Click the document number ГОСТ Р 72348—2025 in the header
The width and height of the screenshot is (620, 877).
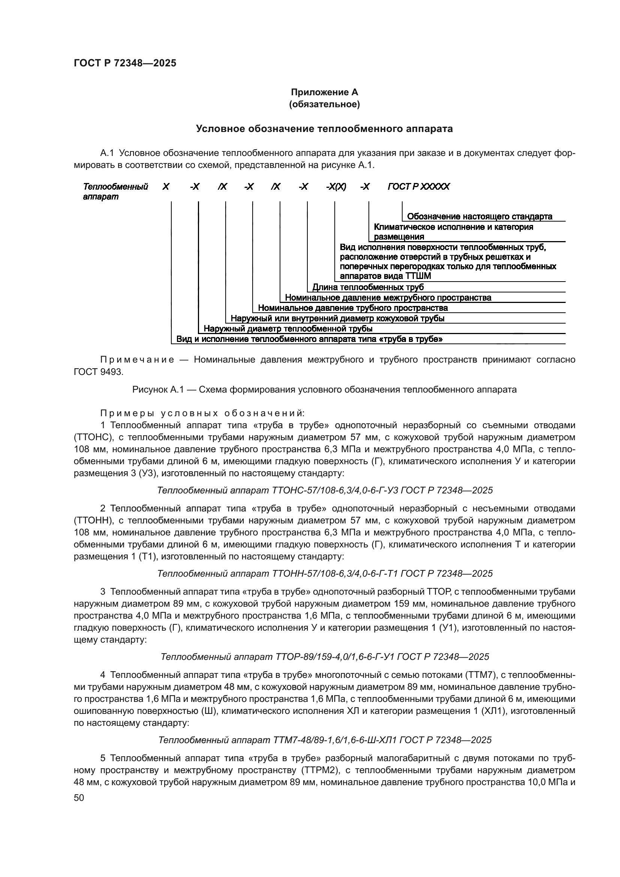pyautogui.click(x=125, y=63)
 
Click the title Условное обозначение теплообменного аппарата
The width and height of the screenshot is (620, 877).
pyautogui.click(x=324, y=129)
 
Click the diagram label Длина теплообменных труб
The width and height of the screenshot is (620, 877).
pyautogui.click(x=368, y=287)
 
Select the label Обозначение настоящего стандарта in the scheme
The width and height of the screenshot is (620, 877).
pyautogui.click(x=479, y=217)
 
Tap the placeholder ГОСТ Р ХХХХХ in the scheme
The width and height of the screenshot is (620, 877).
pyautogui.click(x=418, y=186)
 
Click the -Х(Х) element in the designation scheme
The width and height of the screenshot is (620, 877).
pyautogui.click(x=336, y=186)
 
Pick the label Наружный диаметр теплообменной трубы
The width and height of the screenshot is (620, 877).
pyautogui.click(x=288, y=328)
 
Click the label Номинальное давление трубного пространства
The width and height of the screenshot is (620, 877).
pyautogui.click(x=353, y=308)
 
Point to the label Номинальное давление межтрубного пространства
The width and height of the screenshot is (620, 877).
pyautogui.click(x=388, y=298)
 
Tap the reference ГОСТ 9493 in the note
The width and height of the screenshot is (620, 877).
pyautogui.click(x=98, y=372)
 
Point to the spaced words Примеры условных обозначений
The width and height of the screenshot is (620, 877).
pyautogui.click(x=202, y=413)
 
